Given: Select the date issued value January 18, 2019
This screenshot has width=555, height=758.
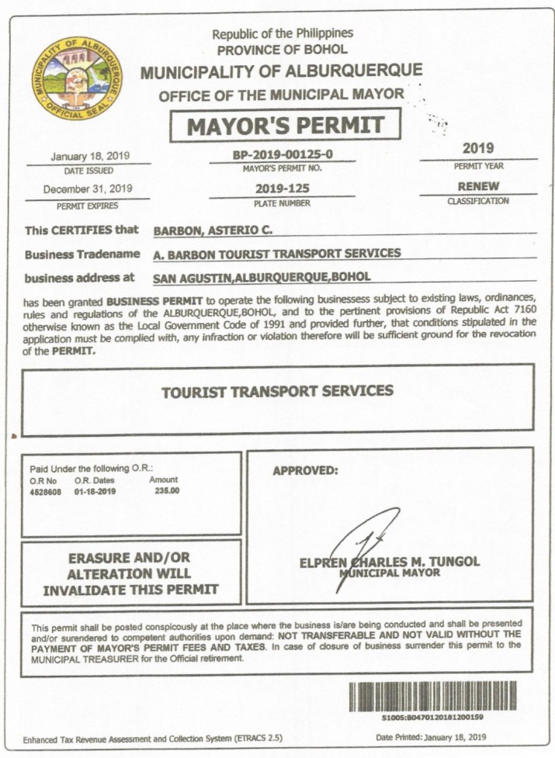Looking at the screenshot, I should tap(90, 155).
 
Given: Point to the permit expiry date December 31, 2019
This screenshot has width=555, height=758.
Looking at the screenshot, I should tap(88, 189).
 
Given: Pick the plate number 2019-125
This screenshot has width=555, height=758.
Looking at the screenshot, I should tap(282, 189).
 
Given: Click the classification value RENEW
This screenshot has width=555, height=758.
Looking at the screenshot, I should tap(478, 186).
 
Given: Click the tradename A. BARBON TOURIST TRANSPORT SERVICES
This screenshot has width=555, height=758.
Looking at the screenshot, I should tap(277, 253).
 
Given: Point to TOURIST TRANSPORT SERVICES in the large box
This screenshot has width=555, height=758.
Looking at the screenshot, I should tap(277, 391).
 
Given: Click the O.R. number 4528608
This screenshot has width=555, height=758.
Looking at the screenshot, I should tap(47, 491).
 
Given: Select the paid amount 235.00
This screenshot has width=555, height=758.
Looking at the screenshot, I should tap(167, 491).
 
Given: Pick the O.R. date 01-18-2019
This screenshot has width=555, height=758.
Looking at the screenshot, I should tap(95, 491).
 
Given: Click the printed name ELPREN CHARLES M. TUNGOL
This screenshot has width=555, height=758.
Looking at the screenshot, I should tap(389, 561).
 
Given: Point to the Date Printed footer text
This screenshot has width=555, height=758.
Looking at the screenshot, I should tap(431, 736).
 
